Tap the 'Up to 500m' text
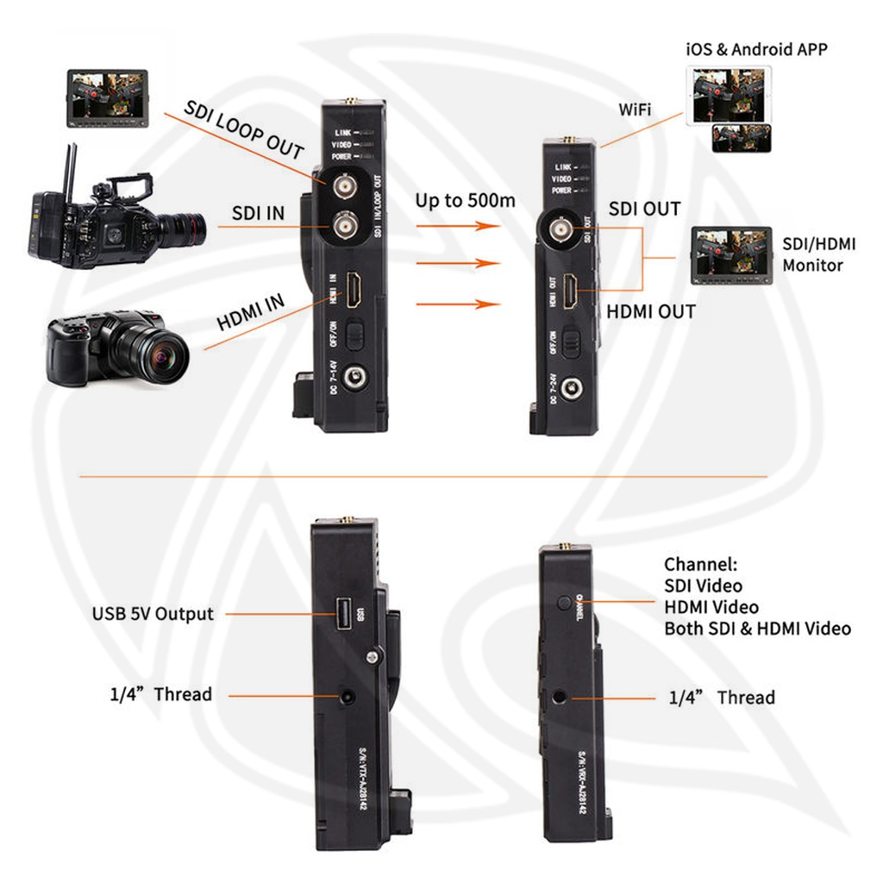[x=465, y=201]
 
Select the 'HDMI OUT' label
[x=650, y=311]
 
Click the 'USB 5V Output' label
[x=153, y=614]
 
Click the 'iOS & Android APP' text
[x=756, y=49]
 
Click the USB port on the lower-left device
[x=343, y=614]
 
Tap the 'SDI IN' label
[x=259, y=212]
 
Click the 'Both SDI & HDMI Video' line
[x=757, y=629]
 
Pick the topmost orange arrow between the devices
[x=457, y=227]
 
